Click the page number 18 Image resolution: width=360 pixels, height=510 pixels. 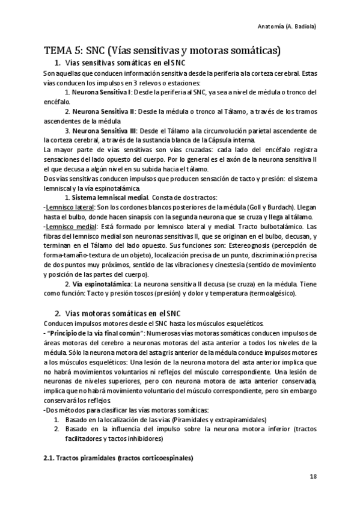[313, 476]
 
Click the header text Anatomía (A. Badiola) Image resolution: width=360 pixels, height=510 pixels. [290, 27]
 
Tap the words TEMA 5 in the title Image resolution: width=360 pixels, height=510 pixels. [63, 51]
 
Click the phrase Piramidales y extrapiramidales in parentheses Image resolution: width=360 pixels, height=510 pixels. [218, 419]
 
